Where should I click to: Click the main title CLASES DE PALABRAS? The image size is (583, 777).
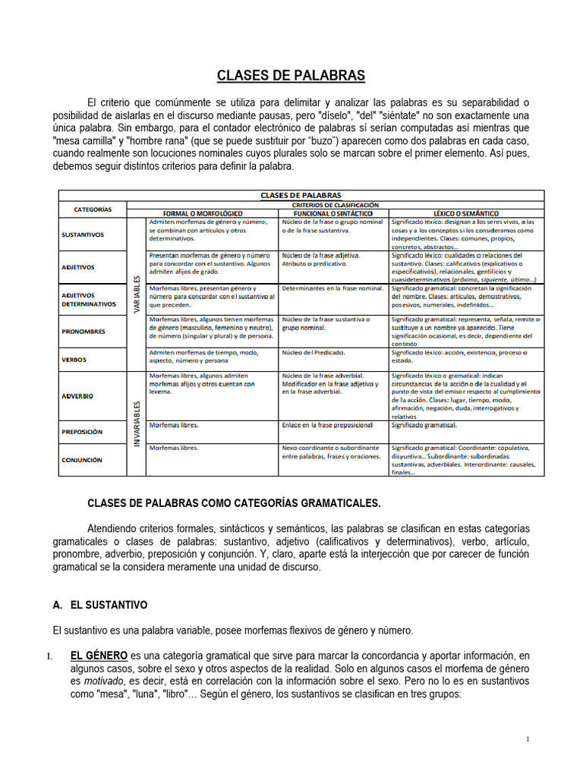click(291, 75)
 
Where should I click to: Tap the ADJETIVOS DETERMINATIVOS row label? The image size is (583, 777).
click(90, 299)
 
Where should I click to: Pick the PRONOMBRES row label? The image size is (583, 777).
click(84, 332)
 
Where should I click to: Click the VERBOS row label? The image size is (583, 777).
click(74, 360)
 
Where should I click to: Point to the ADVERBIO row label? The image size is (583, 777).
click(78, 396)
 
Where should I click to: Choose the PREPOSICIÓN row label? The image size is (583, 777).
click(83, 432)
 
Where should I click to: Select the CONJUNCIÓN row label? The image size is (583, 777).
click(83, 460)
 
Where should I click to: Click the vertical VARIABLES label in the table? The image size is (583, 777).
click(137, 294)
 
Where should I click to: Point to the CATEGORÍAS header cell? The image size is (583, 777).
click(93, 209)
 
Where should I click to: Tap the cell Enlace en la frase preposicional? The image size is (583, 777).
click(327, 425)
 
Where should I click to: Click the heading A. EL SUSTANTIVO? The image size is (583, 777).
click(100, 606)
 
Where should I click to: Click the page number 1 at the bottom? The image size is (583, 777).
click(528, 740)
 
